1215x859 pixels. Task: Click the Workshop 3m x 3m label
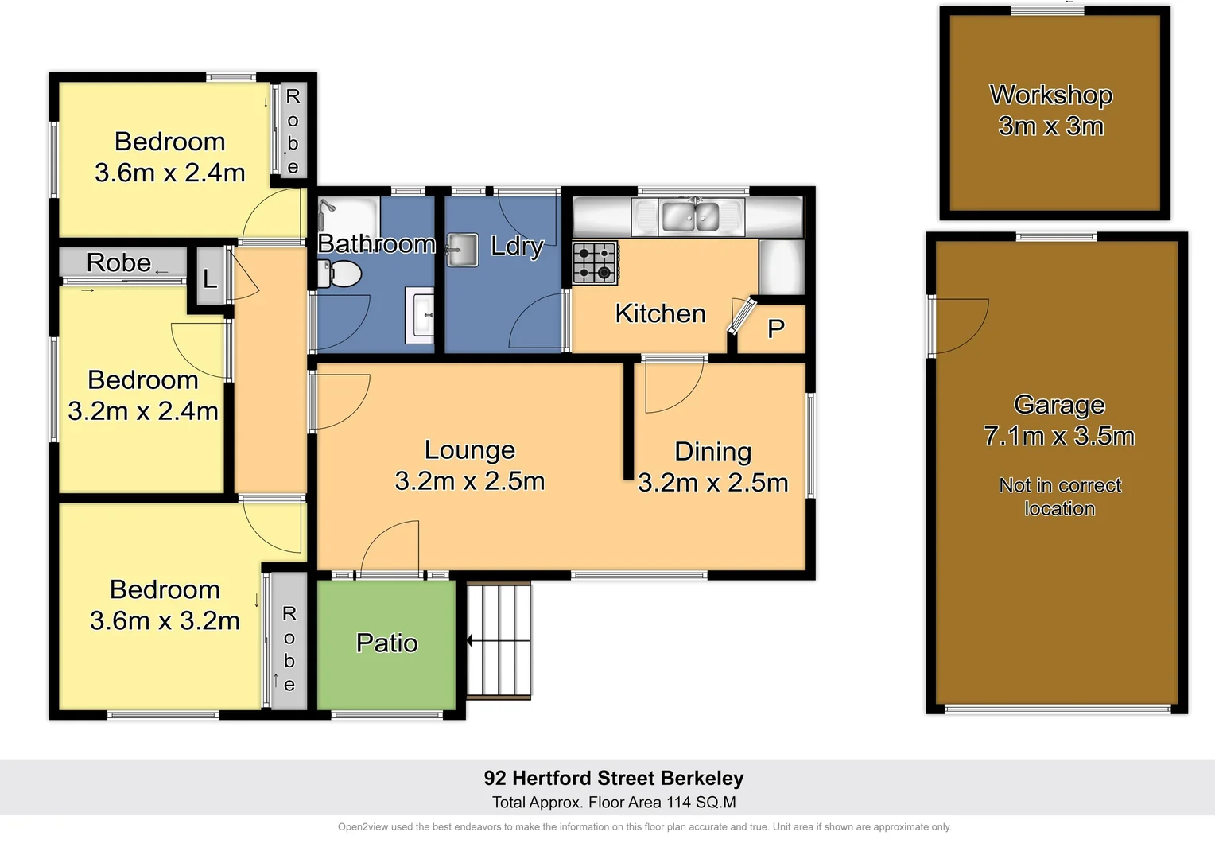(x=1050, y=111)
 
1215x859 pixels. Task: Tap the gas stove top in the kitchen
(x=595, y=263)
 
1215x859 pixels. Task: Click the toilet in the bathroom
(x=340, y=274)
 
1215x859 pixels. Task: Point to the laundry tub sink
(x=462, y=250)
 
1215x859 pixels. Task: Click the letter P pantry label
(x=775, y=328)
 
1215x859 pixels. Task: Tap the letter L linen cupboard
(x=210, y=278)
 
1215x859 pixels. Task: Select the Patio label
(x=386, y=643)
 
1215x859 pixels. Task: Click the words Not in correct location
(x=1059, y=497)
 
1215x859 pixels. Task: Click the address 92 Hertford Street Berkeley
(x=614, y=778)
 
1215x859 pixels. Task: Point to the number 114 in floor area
(x=679, y=803)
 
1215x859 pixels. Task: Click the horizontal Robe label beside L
(x=118, y=262)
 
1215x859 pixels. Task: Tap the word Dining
(x=712, y=452)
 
